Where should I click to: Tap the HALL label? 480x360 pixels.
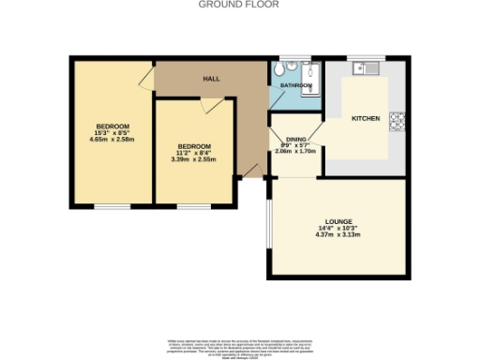[x=211, y=79]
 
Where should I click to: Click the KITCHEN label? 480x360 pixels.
[x=365, y=119]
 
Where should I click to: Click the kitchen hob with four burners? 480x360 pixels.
[x=397, y=120]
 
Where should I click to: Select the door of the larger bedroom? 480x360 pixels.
[x=147, y=79]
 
